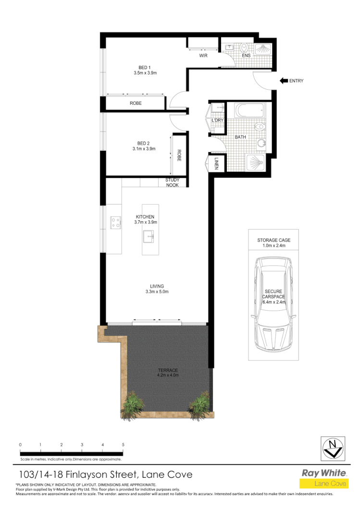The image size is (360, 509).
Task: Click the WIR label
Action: [x=203, y=56]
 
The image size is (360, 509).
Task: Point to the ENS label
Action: [x=246, y=56]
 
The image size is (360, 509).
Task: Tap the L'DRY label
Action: [x=218, y=121]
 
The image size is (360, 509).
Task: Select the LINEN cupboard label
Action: [x=217, y=164]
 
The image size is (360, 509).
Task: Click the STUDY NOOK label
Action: [x=172, y=182]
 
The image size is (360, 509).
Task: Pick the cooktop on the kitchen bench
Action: [x=116, y=222]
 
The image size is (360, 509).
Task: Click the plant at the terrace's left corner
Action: [x=130, y=404]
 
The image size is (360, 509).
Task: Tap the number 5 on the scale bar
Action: [x=124, y=445]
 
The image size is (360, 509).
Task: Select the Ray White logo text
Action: [x=323, y=473]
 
